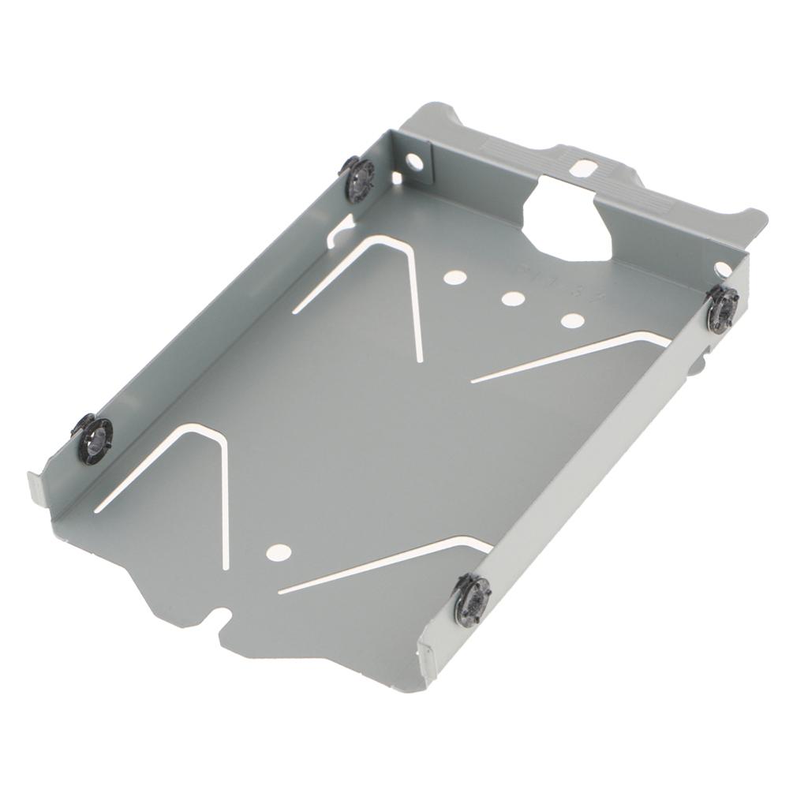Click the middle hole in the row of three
(x=513, y=299)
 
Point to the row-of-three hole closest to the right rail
(x=573, y=320)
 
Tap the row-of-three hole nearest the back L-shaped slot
(x=453, y=277)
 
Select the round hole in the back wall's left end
(x=413, y=163)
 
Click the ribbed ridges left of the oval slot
(x=505, y=149)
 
